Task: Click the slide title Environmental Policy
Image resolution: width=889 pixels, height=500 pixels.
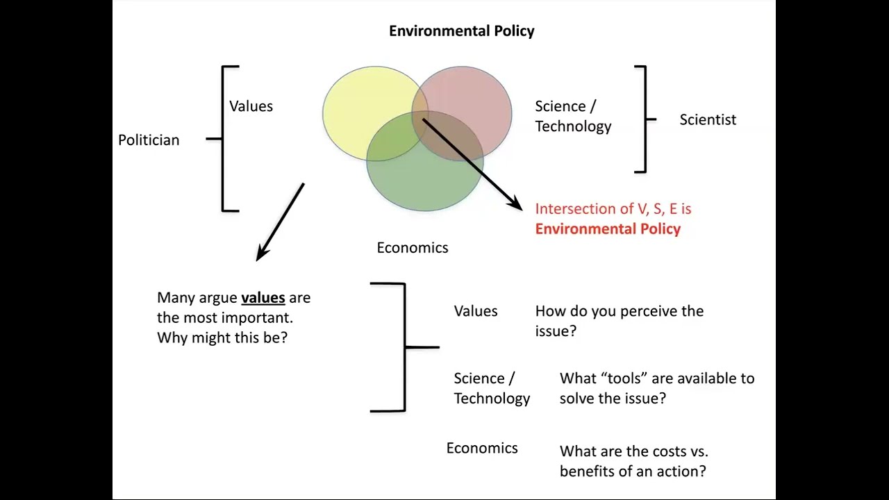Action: pyautogui.click(x=461, y=31)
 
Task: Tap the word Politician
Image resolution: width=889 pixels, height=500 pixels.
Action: pyautogui.click(x=149, y=140)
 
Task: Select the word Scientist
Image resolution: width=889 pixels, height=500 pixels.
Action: pyautogui.click(x=708, y=119)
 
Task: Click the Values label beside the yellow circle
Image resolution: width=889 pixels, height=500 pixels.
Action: pyautogui.click(x=251, y=106)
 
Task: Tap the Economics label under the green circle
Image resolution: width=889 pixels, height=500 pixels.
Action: pyautogui.click(x=413, y=248)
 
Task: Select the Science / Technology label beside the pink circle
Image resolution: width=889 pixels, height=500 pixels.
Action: pyautogui.click(x=573, y=116)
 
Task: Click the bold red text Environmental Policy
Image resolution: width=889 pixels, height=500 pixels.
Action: pyautogui.click(x=608, y=229)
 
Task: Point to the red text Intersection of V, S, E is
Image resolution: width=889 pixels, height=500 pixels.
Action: pyautogui.click(x=613, y=209)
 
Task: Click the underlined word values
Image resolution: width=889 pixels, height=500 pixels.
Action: pyautogui.click(x=263, y=298)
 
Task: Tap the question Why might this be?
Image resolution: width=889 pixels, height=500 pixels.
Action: pyautogui.click(x=222, y=338)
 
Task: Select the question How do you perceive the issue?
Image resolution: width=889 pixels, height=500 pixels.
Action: pyautogui.click(x=619, y=321)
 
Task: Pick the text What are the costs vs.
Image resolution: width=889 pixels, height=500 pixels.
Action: pyautogui.click(x=633, y=451)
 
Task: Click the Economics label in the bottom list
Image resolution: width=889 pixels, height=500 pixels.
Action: pyautogui.click(x=482, y=449)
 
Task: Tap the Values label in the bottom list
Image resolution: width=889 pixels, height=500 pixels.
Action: pyautogui.click(x=476, y=311)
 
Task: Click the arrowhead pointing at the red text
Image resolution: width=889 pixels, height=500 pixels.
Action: pyautogui.click(x=516, y=204)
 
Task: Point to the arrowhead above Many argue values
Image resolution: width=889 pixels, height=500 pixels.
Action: pyautogui.click(x=262, y=253)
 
